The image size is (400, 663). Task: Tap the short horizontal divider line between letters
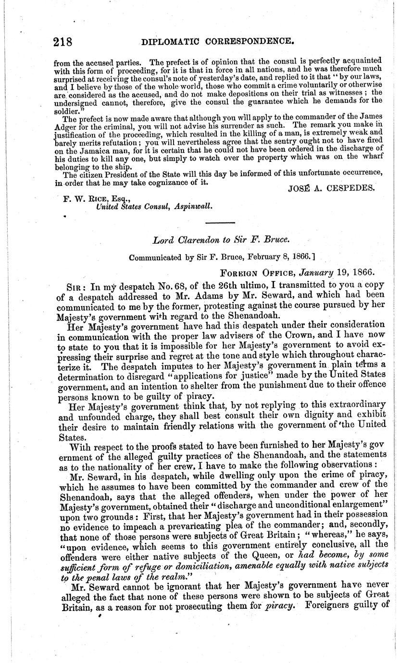tap(220, 222)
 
